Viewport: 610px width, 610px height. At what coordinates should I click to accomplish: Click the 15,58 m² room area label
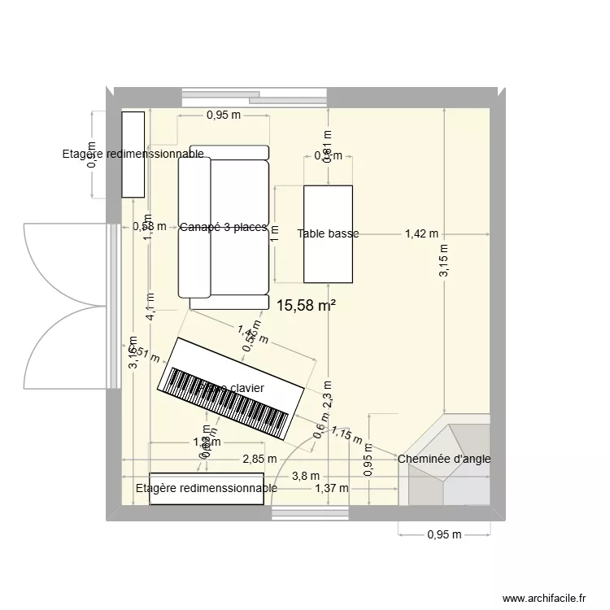[306, 306]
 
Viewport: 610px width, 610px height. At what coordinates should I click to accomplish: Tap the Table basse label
[328, 234]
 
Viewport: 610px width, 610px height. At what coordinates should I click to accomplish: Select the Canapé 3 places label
[224, 228]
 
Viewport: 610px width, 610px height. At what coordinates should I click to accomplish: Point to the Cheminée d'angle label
[444, 459]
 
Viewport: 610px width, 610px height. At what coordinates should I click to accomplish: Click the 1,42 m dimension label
[421, 234]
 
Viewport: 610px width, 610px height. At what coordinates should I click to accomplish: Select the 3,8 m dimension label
[306, 476]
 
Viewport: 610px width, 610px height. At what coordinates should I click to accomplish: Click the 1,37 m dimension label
[331, 488]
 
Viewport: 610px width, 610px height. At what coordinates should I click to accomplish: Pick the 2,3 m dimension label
[328, 394]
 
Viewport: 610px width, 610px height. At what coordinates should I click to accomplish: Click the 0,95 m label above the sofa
[223, 115]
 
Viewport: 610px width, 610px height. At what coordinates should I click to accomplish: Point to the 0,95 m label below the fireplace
[443, 535]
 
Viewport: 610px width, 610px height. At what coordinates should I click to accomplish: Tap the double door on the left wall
[65, 309]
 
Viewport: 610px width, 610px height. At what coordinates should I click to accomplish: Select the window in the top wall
[254, 96]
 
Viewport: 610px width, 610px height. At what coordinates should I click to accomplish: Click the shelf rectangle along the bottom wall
[207, 488]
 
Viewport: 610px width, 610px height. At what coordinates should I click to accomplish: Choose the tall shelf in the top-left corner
[133, 155]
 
